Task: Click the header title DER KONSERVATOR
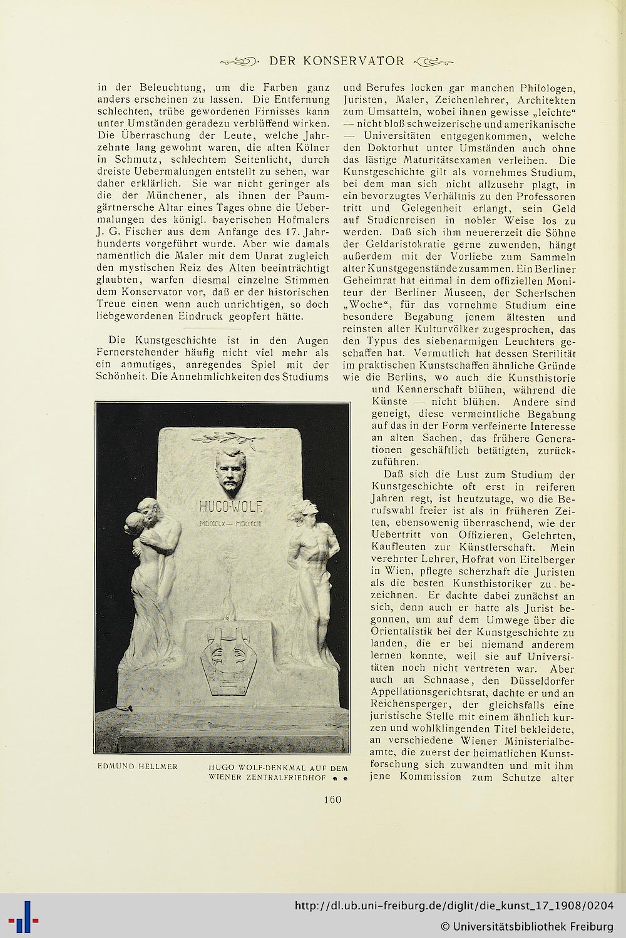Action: (336, 61)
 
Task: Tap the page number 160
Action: (333, 799)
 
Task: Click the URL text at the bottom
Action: (454, 905)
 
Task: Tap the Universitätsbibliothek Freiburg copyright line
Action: (527, 925)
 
